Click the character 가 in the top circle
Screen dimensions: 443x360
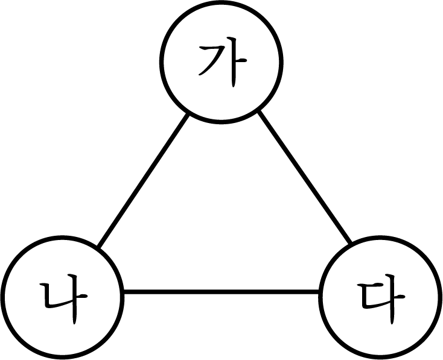click(x=223, y=62)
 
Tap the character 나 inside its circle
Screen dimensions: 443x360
click(x=63, y=298)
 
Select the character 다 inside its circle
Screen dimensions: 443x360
click(x=381, y=298)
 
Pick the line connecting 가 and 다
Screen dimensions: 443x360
click(x=305, y=177)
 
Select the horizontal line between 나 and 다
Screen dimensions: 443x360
click(x=221, y=292)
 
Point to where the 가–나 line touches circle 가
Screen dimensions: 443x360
click(x=188, y=114)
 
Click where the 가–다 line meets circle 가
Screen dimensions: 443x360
click(x=259, y=111)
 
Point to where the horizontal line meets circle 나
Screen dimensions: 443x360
click(x=124, y=292)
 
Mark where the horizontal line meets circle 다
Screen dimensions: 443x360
click(x=319, y=292)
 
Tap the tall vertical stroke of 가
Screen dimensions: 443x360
click(x=234, y=62)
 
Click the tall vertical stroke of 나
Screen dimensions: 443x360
click(x=74, y=299)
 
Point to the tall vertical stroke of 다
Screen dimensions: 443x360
click(x=392, y=299)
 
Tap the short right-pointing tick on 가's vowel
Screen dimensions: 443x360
click(x=241, y=60)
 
